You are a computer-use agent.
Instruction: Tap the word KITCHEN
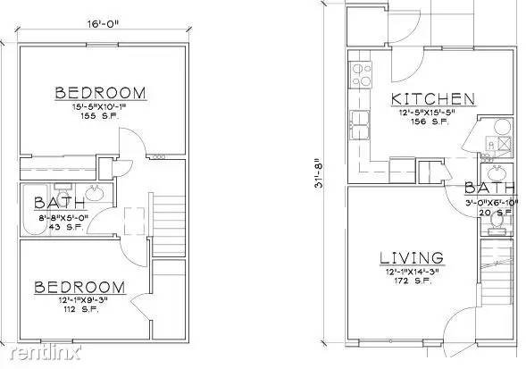[431, 98]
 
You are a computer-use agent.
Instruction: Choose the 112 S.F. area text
[79, 311]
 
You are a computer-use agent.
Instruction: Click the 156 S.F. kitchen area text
[432, 123]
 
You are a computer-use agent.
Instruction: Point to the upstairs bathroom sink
[96, 194]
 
